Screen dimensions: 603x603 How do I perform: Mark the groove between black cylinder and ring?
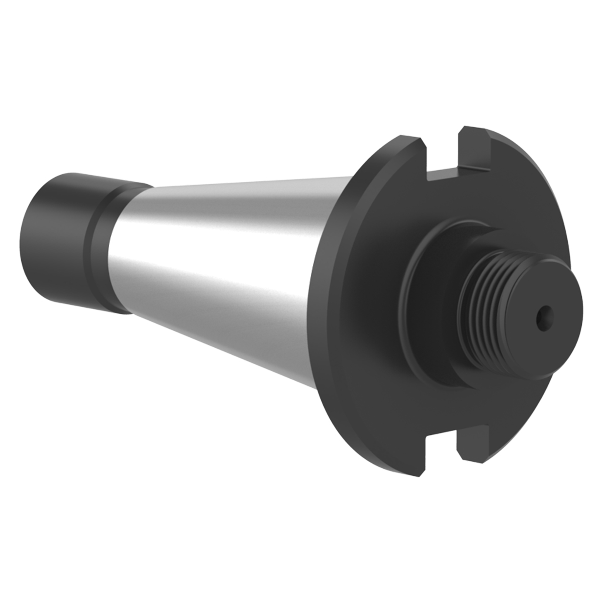(x=92, y=245)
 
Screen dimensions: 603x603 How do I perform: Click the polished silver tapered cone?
(x=226, y=264)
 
